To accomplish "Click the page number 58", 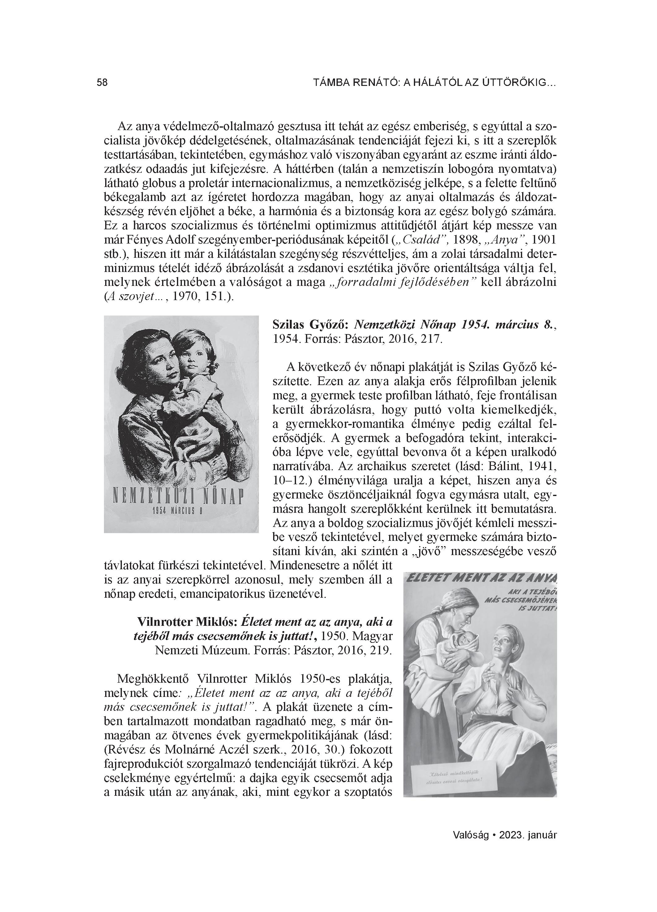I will [102, 83].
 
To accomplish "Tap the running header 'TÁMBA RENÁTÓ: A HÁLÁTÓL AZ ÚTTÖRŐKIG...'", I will [434, 83].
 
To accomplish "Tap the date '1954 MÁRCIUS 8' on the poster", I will [177, 511].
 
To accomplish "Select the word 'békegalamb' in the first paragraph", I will [130, 197].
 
